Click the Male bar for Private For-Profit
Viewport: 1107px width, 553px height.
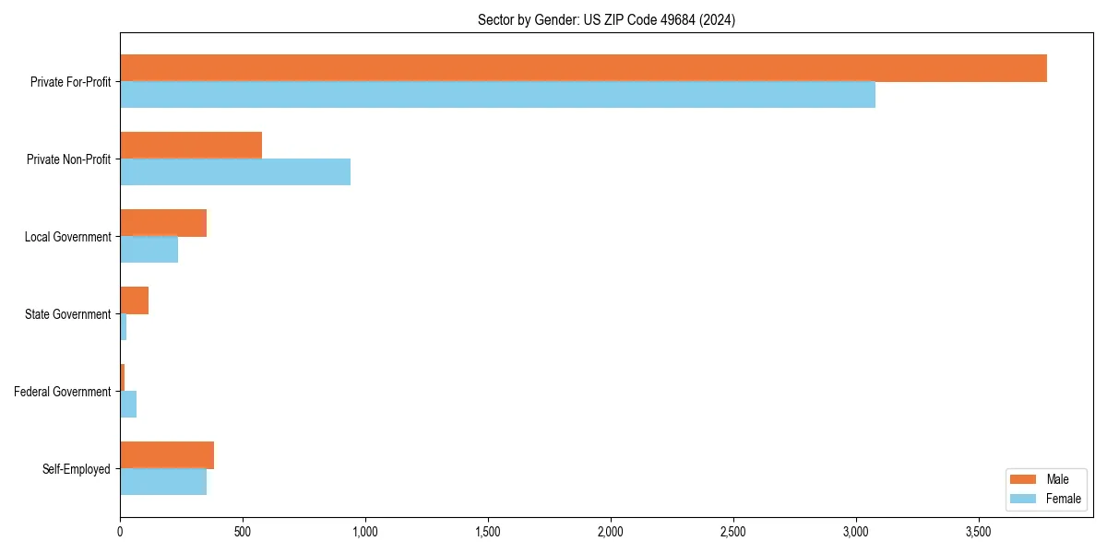(583, 68)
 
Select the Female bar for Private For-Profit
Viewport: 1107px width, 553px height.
(497, 95)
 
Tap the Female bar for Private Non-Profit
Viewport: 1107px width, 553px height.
(235, 172)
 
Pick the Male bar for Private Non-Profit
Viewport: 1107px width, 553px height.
(191, 146)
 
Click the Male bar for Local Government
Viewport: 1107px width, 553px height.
(163, 223)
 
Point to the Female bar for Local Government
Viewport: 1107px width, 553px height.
(149, 250)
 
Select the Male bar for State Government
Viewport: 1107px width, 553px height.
(134, 300)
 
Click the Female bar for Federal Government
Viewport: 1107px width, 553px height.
(128, 405)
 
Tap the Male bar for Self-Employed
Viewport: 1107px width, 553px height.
(167, 455)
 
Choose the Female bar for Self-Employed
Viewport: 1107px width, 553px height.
(163, 482)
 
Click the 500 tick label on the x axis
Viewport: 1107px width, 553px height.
(243, 533)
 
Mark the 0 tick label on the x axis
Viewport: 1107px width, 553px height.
(120, 533)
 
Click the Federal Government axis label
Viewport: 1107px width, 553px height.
(63, 392)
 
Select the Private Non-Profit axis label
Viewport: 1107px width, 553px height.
(68, 159)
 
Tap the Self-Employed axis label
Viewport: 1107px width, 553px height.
(77, 469)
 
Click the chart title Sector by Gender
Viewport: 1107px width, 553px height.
(606, 19)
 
